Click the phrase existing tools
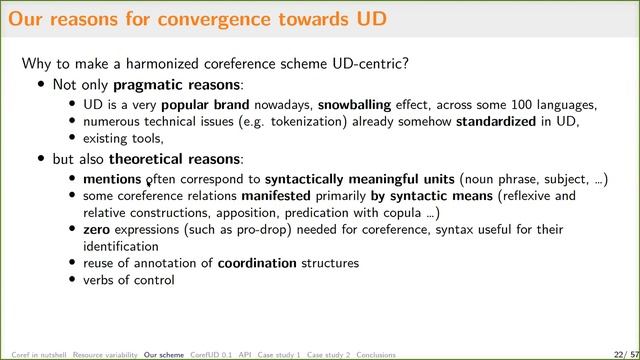[121, 138]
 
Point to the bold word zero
[98, 229]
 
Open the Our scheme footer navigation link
[164, 354]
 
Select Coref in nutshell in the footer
[37, 354]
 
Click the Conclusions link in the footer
[376, 354]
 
